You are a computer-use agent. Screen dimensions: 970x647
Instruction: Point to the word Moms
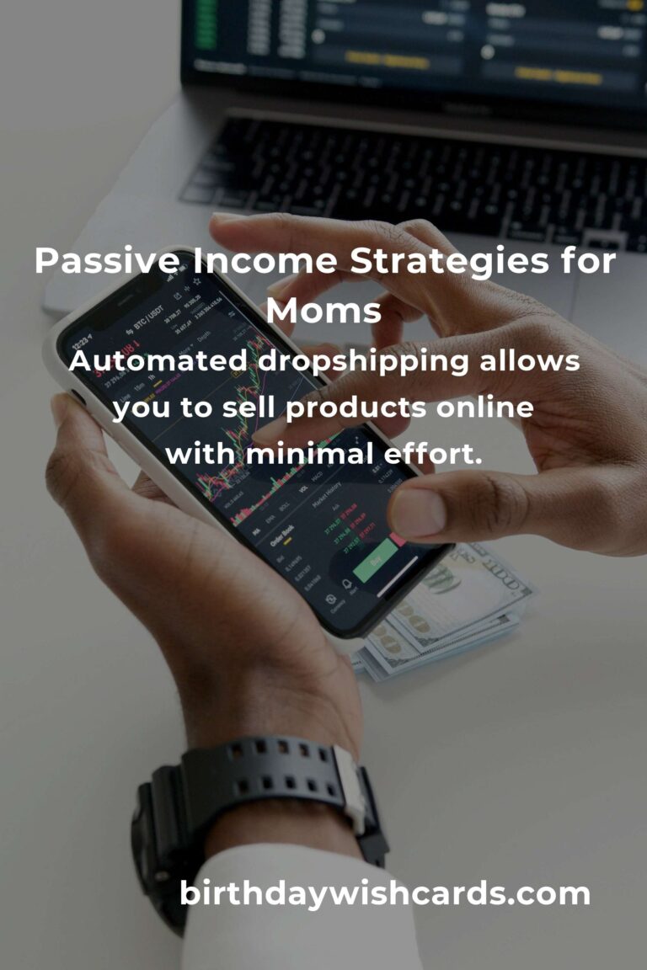point(323,311)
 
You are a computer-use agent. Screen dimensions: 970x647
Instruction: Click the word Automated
point(157,362)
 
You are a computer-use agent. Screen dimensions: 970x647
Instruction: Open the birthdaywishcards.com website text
point(385,893)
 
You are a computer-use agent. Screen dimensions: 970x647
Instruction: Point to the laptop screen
point(413,42)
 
